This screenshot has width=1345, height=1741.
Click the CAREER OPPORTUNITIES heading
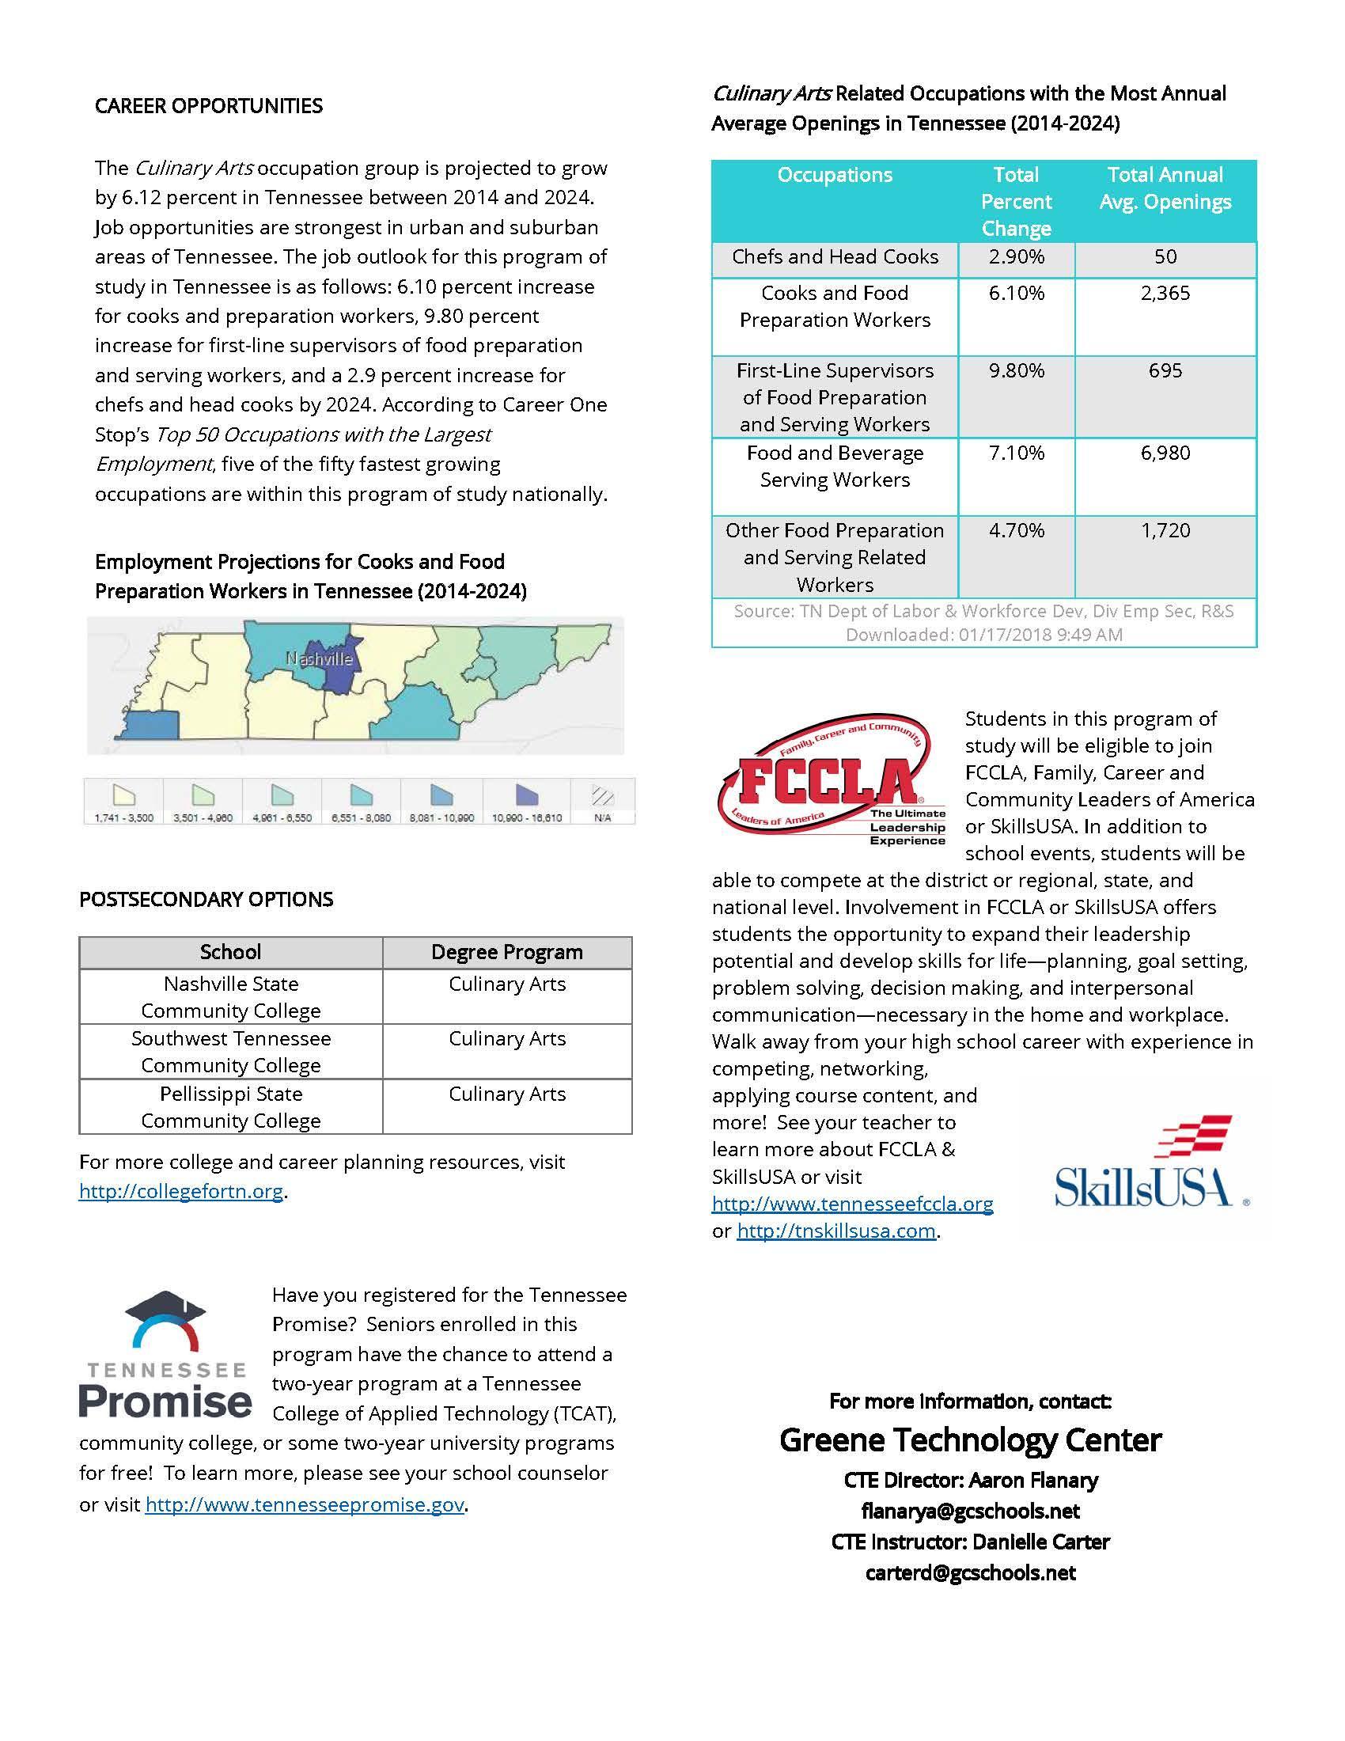click(209, 106)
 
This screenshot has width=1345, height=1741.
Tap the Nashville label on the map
click(319, 659)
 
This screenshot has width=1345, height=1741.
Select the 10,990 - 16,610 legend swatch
click(527, 795)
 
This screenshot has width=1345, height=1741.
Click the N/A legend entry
click(602, 800)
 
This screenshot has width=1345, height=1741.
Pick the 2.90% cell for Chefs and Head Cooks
click(1016, 256)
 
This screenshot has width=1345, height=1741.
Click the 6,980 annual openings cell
click(1165, 453)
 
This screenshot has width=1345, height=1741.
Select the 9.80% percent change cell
click(1016, 370)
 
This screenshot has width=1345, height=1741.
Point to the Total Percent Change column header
click(1016, 201)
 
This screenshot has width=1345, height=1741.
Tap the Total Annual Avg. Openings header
click(1165, 188)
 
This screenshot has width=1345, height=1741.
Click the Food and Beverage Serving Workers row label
click(834, 466)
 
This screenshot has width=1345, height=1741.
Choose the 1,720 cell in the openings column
click(1165, 530)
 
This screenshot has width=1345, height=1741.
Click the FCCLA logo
click(831, 779)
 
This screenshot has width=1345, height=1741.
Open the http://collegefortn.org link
click(181, 1191)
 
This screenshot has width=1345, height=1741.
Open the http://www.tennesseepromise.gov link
click(305, 1504)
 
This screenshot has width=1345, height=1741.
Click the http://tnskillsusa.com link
click(835, 1231)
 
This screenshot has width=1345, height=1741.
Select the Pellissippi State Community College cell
click(231, 1106)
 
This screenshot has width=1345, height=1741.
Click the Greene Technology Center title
click(970, 1440)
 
